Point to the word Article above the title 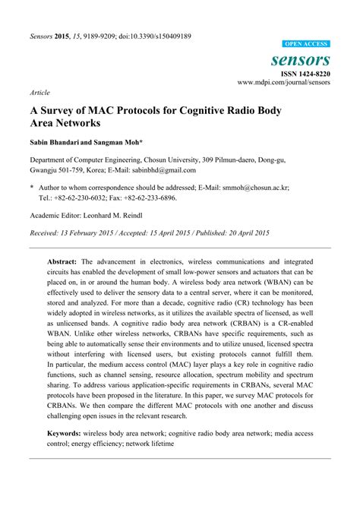pyautogui.click(x=39, y=92)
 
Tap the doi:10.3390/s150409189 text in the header pyautogui.click(x=150, y=36)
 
